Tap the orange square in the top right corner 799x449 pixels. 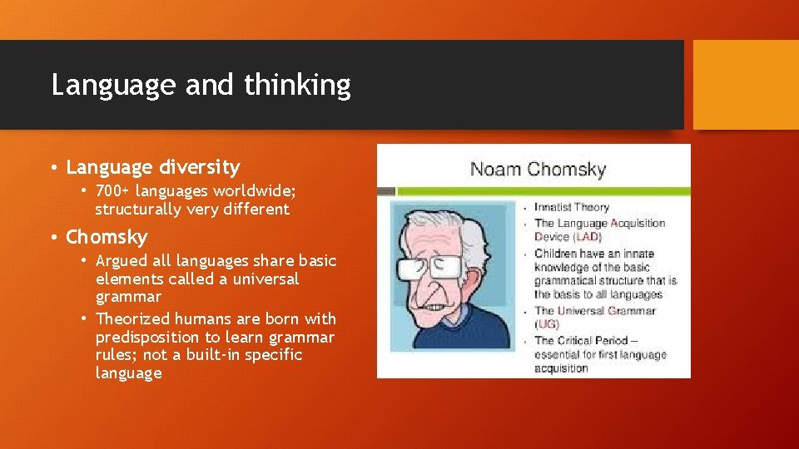(745, 85)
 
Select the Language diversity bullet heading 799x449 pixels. (152, 167)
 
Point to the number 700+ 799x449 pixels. (120, 191)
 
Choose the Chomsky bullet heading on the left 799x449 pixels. (107, 237)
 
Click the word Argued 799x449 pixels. (124, 260)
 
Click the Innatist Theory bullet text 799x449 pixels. (572, 207)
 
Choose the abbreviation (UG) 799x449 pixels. (547, 324)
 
